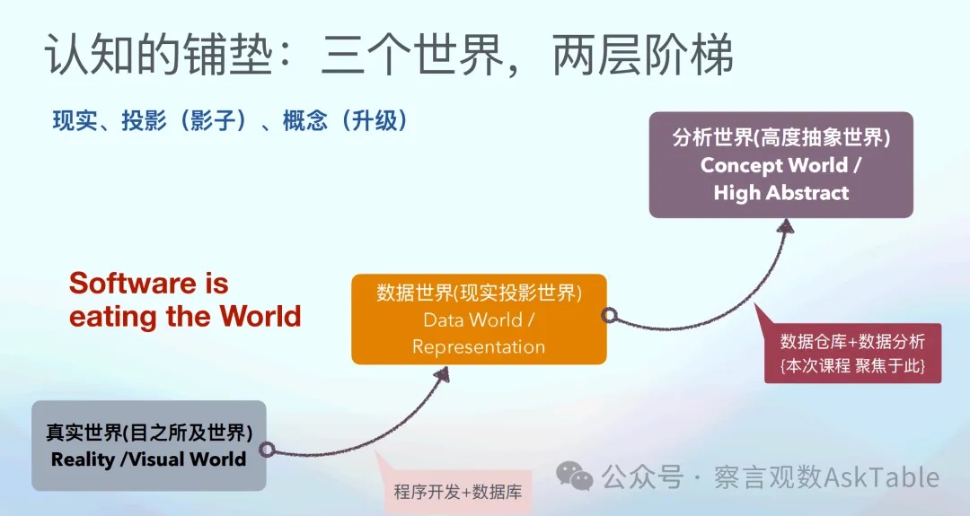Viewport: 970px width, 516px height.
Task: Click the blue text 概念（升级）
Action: pos(345,121)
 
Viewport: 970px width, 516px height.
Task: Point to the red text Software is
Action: pos(148,284)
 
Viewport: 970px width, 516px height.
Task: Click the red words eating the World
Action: pos(184,317)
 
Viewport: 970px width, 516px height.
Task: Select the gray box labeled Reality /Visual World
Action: pos(148,446)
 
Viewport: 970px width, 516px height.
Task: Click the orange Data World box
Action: pos(478,319)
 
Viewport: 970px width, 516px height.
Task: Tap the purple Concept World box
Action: pos(780,165)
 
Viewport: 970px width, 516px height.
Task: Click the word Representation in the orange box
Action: pos(478,347)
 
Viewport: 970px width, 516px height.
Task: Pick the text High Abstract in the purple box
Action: pos(780,193)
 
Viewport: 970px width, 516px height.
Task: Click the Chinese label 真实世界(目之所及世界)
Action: pos(148,433)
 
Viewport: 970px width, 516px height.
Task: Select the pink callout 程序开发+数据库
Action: pos(457,492)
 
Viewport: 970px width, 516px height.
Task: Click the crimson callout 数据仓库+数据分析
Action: pos(852,341)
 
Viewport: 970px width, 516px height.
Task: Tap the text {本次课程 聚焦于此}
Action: pos(852,366)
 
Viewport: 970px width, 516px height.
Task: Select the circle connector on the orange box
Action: pos(608,315)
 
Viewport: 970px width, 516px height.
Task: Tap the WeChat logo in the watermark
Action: pos(574,477)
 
